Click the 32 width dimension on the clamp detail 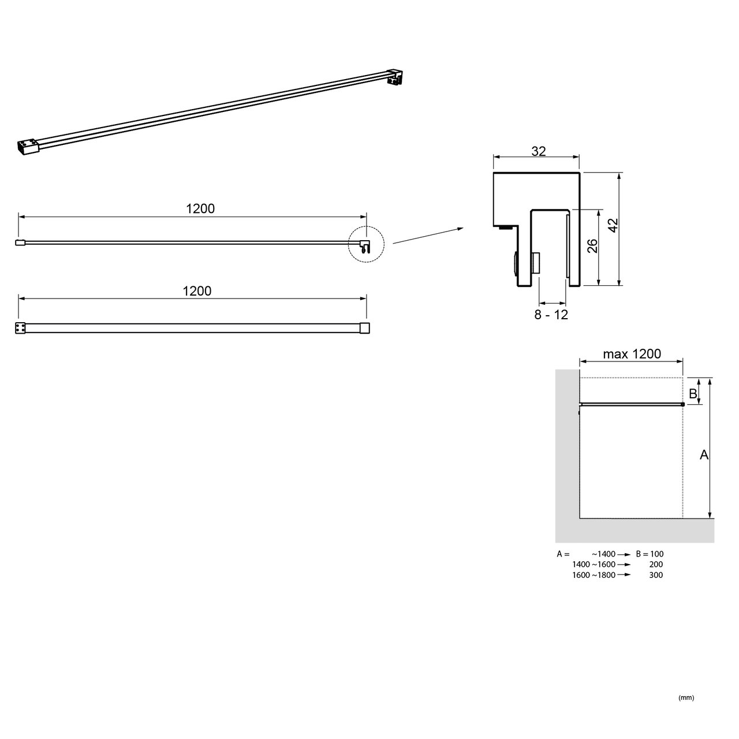pos(538,151)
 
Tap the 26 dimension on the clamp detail pos(592,246)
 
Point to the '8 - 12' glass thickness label pos(551,315)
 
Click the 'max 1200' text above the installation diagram pos(632,354)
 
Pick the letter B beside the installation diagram pos(693,394)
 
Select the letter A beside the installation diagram pos(704,455)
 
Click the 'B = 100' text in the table pos(650,554)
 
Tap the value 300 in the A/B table pos(655,575)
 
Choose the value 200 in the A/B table pos(655,565)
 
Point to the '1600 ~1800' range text pos(594,575)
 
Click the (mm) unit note pos(686,697)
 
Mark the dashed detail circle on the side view pos(365,245)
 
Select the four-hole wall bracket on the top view pos(20,328)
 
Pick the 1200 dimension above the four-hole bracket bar pos(197,291)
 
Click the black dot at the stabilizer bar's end pos(682,405)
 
